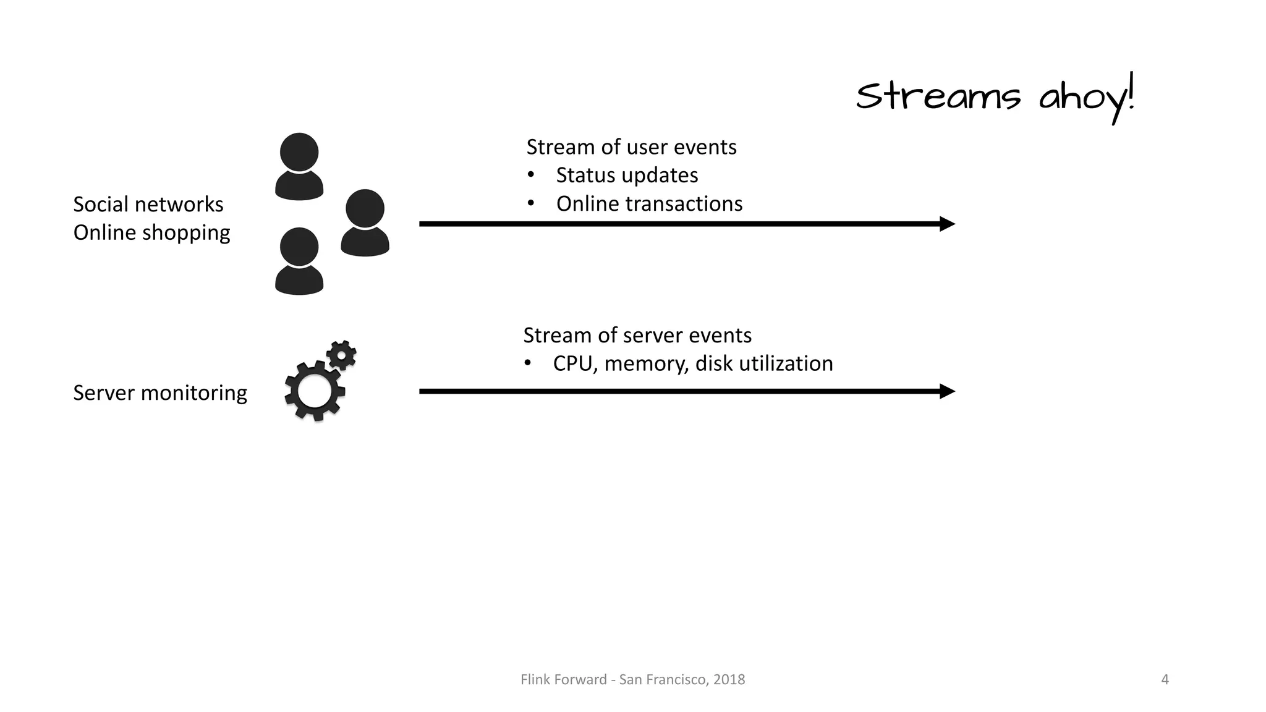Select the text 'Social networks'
pos(148,205)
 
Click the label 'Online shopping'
pos(151,233)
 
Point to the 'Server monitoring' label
pos(159,393)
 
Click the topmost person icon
pos(299,166)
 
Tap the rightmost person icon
pos(365,222)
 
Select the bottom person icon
pos(299,261)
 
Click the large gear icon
pos(314,391)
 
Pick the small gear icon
pos(341,355)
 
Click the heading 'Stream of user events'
pos(631,147)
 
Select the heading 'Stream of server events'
pos(637,336)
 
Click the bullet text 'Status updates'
pos(627,176)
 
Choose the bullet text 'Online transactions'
pos(649,204)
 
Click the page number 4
pos(1165,680)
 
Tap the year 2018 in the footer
pos(729,680)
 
